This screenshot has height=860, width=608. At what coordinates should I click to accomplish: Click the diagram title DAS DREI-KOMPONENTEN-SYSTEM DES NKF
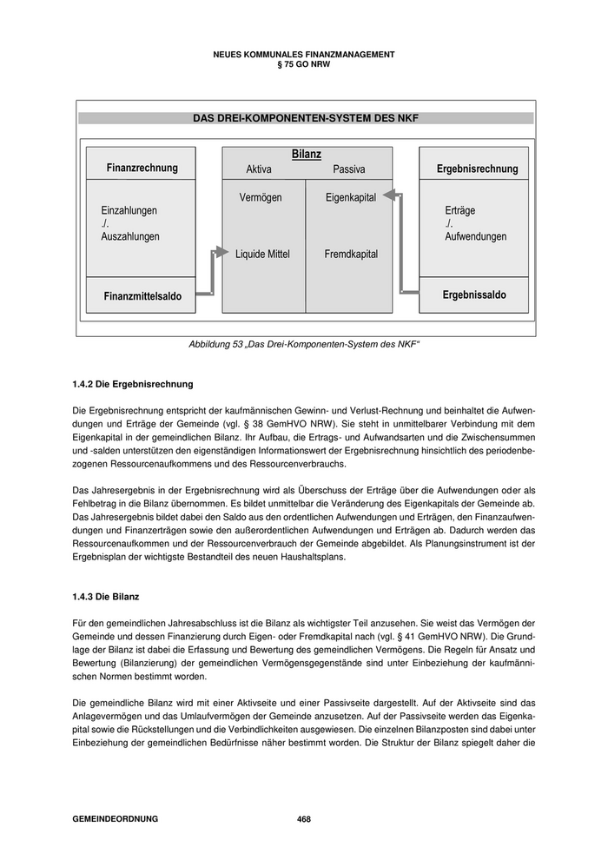point(305,118)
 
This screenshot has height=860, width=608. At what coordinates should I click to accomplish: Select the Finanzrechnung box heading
point(142,168)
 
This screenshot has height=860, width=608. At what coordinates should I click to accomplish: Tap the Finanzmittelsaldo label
point(142,296)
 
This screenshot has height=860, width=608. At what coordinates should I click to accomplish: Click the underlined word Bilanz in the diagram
point(306,154)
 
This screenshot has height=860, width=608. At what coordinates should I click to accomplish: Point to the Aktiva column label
point(259,169)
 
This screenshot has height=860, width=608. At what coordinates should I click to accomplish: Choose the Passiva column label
point(349,169)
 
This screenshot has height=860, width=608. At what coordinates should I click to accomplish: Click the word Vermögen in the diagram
point(261,198)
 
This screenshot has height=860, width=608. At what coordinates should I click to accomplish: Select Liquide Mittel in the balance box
point(262,255)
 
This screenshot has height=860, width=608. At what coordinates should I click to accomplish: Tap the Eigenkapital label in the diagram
point(351,198)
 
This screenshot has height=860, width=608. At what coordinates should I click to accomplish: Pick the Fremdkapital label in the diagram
point(351,255)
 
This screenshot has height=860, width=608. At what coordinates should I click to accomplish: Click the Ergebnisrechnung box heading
point(477,169)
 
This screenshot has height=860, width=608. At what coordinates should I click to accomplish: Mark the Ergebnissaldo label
point(474,295)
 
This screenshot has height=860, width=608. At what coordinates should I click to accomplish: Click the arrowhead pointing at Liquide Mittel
point(218,254)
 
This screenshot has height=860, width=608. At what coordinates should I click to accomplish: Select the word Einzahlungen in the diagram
point(129,210)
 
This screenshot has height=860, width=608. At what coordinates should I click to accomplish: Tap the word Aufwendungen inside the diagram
point(475,236)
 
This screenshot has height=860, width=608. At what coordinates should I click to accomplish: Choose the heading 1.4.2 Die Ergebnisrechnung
point(133,383)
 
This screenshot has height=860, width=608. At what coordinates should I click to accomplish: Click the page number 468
point(304,819)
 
